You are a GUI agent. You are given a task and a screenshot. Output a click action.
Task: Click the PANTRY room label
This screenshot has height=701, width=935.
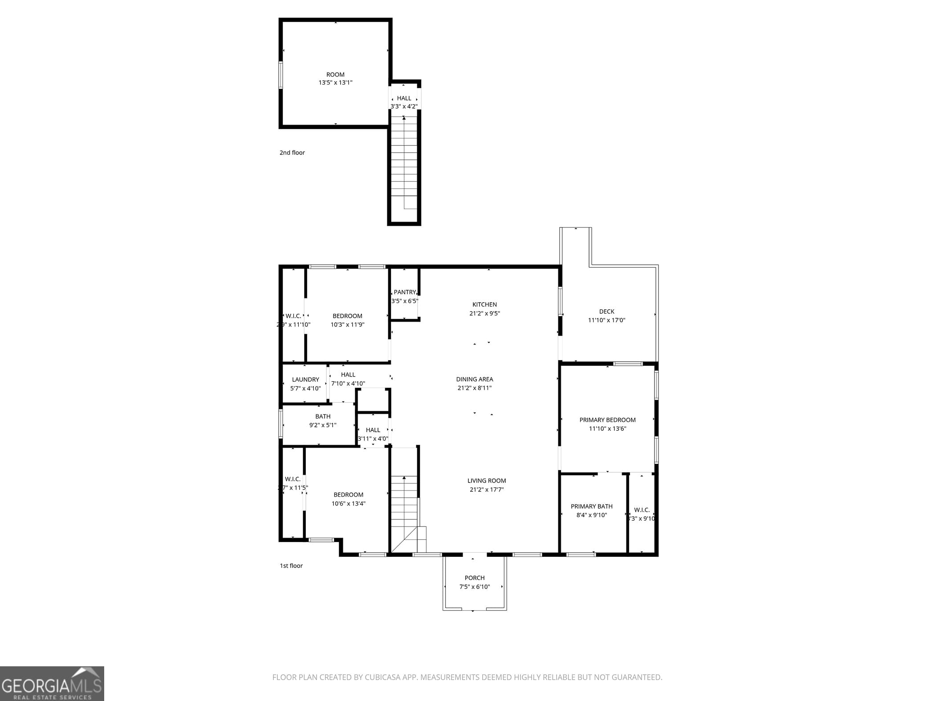pos(404,292)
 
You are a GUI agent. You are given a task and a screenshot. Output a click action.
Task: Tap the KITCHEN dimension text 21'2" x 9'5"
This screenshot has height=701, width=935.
pos(484,313)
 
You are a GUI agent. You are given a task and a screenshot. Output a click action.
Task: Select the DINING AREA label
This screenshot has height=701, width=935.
pos(474,379)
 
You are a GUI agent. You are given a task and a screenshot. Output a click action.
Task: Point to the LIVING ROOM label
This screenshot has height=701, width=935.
pos(486,481)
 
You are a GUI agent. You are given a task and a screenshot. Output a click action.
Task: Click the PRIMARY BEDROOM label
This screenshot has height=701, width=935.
pos(607,420)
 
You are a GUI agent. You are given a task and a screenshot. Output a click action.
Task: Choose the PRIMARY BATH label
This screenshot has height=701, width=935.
pos(591,507)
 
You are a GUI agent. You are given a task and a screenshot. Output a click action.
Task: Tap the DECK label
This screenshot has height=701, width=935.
pos(606,312)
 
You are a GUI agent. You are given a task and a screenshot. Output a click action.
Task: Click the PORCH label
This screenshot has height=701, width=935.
pos(474,578)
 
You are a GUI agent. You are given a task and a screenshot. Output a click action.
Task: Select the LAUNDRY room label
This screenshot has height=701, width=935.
pos(305,380)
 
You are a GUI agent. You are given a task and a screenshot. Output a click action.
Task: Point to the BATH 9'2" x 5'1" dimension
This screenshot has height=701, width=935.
pos(323,425)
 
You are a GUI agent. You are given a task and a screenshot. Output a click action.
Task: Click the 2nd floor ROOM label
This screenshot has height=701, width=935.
pos(335,75)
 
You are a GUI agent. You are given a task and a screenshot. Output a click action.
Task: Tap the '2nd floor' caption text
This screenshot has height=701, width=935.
pos(292,153)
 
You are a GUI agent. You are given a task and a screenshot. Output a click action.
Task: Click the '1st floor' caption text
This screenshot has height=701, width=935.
pos(291,566)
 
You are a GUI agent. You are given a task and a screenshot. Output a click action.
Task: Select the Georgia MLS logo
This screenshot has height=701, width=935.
pos(52,684)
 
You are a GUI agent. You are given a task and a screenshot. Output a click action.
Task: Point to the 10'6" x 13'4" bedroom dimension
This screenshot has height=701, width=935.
pos(348,504)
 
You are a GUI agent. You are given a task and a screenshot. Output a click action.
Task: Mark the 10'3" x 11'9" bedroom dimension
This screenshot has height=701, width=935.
pos(347,325)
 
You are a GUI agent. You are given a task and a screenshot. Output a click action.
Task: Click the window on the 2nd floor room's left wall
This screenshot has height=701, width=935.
pos(280,75)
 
